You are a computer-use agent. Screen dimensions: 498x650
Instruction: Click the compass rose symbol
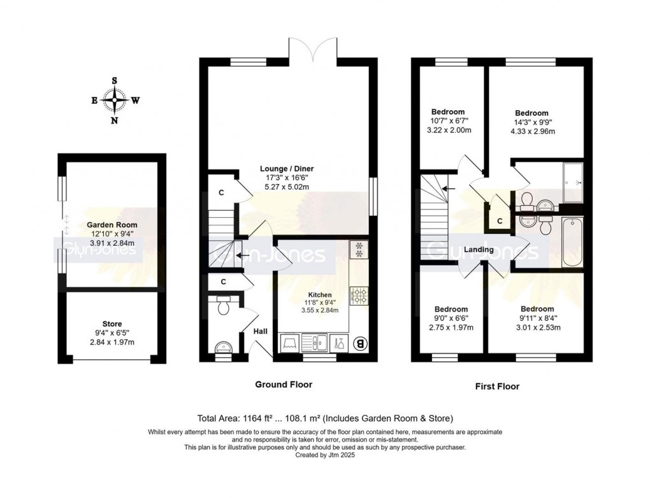(115, 100)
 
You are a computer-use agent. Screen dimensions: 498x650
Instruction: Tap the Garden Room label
(112, 225)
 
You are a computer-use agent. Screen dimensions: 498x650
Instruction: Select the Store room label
(112, 324)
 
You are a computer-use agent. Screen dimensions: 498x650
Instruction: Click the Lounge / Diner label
(287, 169)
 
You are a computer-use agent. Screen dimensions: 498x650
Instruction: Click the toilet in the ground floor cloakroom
(222, 306)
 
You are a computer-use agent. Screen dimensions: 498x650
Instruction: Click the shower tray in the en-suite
(572, 182)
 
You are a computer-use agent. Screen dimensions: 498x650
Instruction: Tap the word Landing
(479, 250)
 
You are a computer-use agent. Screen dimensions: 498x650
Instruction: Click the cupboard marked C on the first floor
(500, 221)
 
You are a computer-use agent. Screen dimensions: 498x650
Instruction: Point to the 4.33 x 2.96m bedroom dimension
(531, 132)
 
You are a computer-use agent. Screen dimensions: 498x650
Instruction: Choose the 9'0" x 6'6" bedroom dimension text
(451, 318)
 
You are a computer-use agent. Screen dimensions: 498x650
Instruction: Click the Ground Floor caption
(284, 385)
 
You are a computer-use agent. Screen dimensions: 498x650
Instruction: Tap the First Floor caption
(497, 387)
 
